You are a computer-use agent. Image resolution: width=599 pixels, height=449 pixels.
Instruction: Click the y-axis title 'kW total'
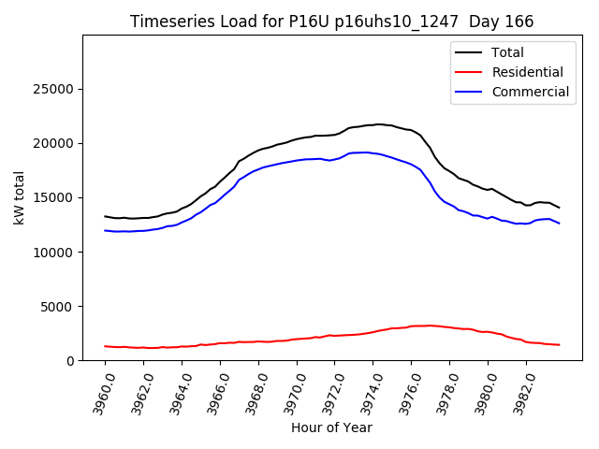point(20,197)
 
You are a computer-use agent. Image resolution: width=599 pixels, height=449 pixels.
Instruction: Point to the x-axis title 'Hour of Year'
point(331,427)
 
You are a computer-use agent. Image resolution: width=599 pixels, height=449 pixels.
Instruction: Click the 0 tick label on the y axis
point(70,360)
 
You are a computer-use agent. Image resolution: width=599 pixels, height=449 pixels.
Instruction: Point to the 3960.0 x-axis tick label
point(96,391)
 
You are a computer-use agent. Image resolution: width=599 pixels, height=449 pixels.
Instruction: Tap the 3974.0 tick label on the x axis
point(364,391)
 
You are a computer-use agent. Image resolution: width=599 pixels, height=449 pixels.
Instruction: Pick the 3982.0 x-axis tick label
point(517,391)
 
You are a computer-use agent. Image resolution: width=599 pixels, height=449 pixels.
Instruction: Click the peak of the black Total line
point(378,124)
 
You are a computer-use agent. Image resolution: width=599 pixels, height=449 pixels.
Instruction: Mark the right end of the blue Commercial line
point(560,223)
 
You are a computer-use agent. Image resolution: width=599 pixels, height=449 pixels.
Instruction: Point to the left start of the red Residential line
point(105,346)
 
